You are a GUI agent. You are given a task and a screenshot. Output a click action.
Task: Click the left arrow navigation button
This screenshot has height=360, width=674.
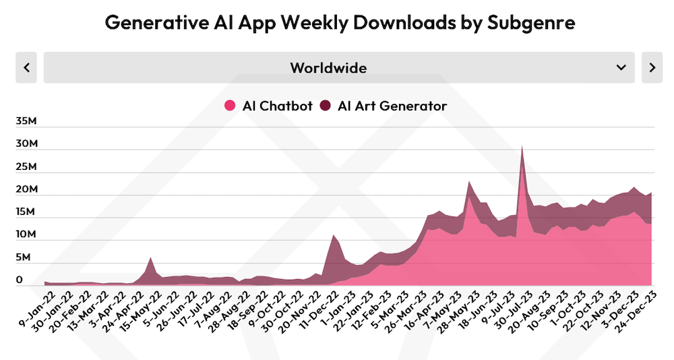(x=26, y=67)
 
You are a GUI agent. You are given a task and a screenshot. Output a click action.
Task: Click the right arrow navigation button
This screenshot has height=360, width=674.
(x=652, y=67)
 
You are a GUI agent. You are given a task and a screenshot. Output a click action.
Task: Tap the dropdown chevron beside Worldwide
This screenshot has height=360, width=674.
(x=621, y=67)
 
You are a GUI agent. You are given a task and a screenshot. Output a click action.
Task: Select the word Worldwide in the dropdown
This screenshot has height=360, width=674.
(x=328, y=67)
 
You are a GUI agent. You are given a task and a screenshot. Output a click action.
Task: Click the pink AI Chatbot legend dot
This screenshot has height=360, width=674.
(x=230, y=106)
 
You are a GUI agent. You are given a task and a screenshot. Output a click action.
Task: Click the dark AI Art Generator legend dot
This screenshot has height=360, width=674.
(x=326, y=106)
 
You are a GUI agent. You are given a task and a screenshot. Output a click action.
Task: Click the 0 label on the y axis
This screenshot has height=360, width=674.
(x=20, y=280)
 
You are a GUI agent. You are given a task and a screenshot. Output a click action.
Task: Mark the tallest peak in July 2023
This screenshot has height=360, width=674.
(x=522, y=146)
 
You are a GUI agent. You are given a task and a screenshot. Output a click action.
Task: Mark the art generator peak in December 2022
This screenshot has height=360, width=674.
(x=333, y=235)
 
